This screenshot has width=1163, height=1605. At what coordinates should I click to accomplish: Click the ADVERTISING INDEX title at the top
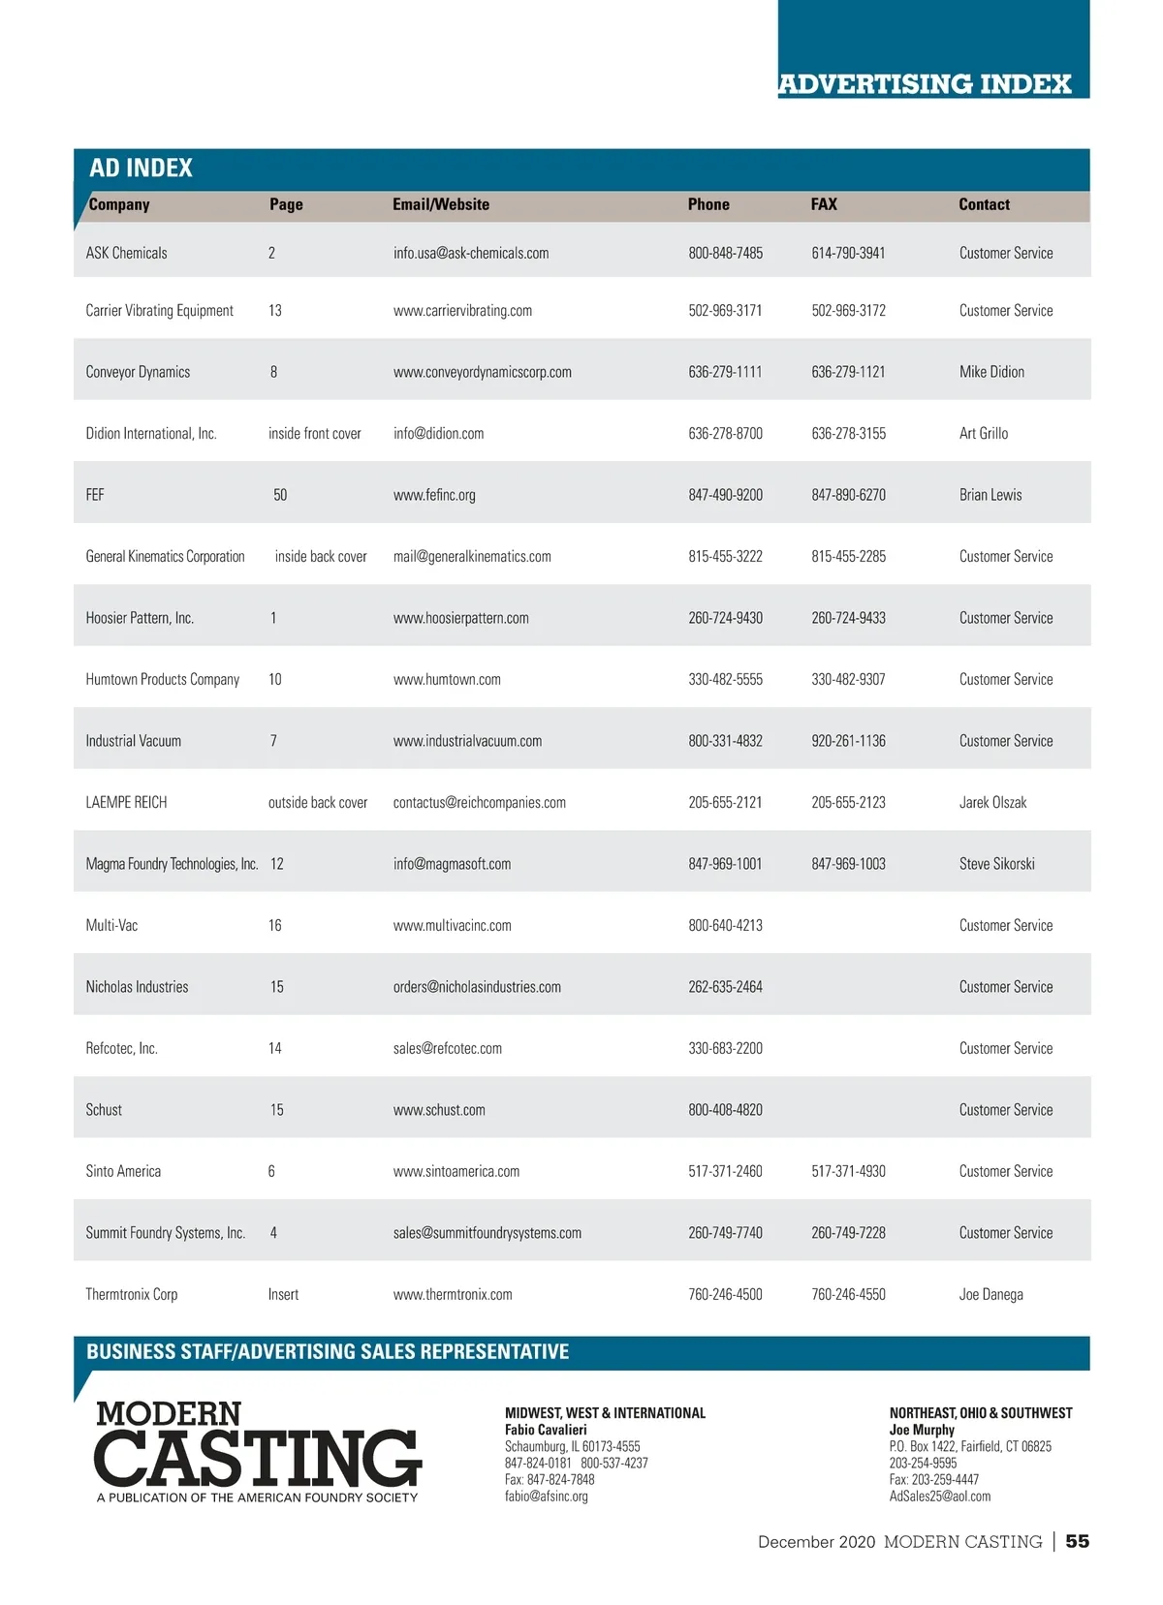(x=925, y=84)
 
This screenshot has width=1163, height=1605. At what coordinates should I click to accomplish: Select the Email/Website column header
(x=441, y=204)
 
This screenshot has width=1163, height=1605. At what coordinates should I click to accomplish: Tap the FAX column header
(x=824, y=204)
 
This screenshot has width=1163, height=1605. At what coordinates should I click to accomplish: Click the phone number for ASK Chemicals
(x=725, y=253)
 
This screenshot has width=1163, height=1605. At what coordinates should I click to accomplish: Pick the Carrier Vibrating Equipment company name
(x=159, y=311)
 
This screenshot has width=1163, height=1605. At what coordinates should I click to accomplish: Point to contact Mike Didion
(x=991, y=372)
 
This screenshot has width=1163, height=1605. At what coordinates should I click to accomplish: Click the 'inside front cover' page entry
(x=314, y=434)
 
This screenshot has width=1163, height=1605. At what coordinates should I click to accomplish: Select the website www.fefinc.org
(x=434, y=495)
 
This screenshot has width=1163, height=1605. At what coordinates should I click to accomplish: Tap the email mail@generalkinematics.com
(x=472, y=557)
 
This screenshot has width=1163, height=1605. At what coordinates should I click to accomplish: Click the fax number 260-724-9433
(x=848, y=618)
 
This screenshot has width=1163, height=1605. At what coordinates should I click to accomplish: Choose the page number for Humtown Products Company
(x=275, y=680)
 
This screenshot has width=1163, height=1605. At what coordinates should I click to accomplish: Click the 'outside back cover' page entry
(x=318, y=803)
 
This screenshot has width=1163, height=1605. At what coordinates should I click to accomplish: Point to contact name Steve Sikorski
(x=996, y=864)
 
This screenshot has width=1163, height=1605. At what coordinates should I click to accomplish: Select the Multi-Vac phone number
(x=725, y=926)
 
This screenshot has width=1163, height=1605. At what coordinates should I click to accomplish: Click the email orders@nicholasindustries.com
(x=477, y=987)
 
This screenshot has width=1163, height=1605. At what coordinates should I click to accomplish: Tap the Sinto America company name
(x=123, y=1172)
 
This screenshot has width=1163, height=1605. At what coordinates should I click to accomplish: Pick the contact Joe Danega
(x=990, y=1295)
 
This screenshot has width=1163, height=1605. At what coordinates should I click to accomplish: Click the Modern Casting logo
(x=258, y=1451)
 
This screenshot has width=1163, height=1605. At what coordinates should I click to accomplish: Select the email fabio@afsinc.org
(x=547, y=1497)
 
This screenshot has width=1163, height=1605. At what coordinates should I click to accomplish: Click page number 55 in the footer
(x=1077, y=1541)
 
